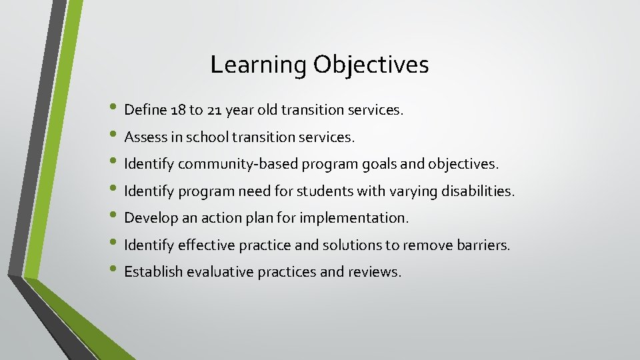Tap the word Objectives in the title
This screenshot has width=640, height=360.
tap(371, 65)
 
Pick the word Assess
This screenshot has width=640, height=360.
tap(145, 137)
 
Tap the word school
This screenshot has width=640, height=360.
tap(207, 137)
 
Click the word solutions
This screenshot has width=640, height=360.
tap(352, 245)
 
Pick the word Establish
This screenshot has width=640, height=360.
tap(154, 272)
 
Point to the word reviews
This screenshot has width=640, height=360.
tap(375, 272)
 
